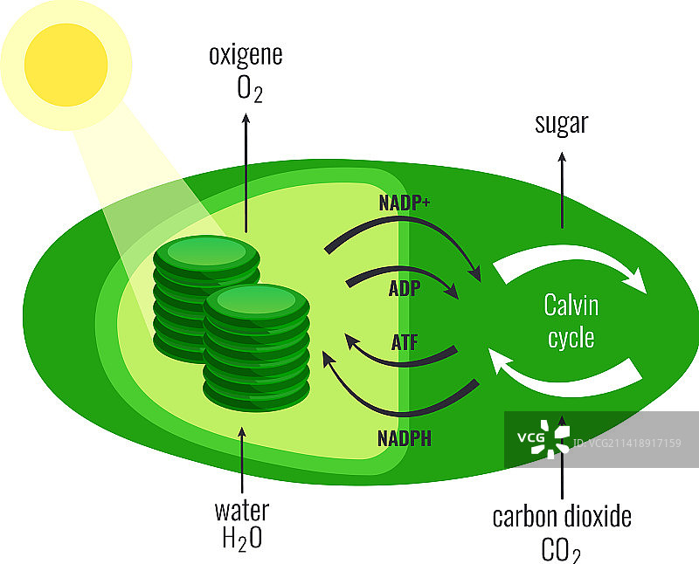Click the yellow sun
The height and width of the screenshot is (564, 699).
point(66,64)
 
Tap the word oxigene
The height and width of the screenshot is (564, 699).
point(246,55)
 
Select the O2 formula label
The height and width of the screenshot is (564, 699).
point(246,89)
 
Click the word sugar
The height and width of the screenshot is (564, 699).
point(561,124)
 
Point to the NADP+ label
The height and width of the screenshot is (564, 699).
point(405,203)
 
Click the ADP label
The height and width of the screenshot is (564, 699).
point(405,288)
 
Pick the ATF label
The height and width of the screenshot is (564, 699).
point(405,342)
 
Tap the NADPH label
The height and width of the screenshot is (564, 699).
point(405,437)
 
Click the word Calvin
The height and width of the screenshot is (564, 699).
point(571,306)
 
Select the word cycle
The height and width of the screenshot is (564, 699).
point(571,337)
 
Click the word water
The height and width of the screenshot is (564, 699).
point(242,509)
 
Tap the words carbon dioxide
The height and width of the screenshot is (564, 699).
point(561,516)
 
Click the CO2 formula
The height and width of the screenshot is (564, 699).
point(561,550)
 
